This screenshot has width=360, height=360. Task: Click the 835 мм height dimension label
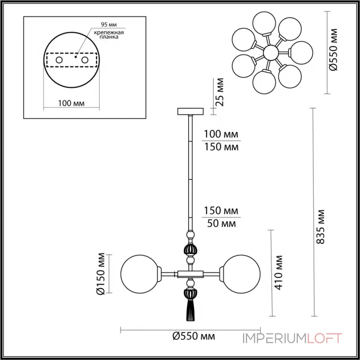[320, 226]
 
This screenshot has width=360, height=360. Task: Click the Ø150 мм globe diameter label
[102, 273]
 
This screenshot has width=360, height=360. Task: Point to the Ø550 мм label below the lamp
[193, 336]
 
